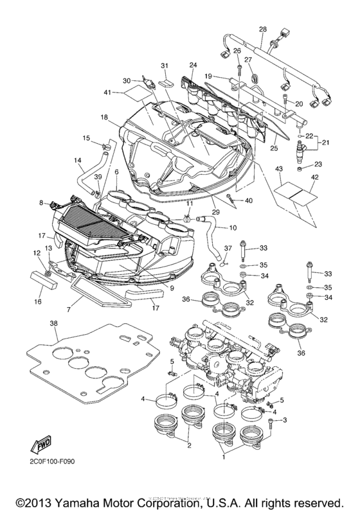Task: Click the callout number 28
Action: [262, 30]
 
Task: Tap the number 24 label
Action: [192, 65]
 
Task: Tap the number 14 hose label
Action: [78, 160]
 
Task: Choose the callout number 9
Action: [172, 288]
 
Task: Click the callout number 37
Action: [227, 249]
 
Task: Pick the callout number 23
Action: [318, 164]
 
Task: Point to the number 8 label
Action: [41, 202]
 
